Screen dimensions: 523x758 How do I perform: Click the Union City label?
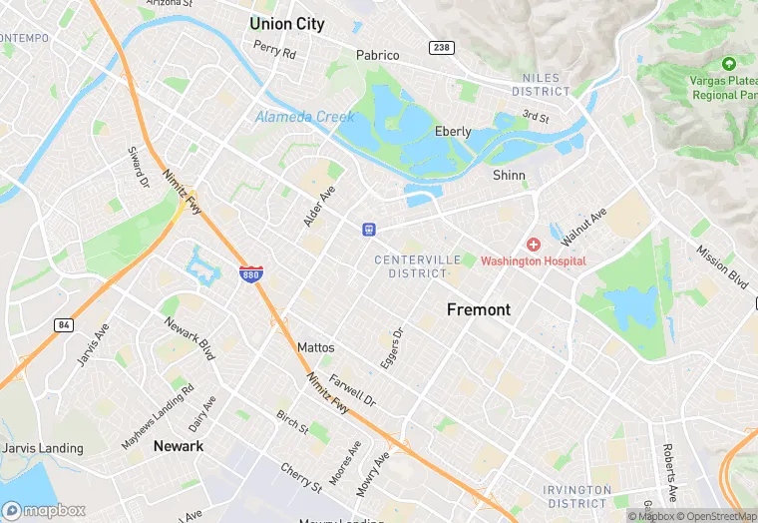(x=287, y=24)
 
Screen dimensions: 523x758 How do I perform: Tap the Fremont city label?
(x=479, y=309)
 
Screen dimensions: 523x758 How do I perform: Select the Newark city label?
(x=179, y=446)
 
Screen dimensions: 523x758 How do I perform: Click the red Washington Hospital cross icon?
(x=534, y=245)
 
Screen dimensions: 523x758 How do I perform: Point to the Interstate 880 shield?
(x=251, y=274)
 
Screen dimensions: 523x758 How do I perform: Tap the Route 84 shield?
(x=64, y=325)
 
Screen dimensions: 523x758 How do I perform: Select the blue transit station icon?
(x=369, y=230)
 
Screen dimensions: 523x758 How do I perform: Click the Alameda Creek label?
(x=304, y=117)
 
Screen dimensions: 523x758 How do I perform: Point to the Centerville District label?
(x=418, y=266)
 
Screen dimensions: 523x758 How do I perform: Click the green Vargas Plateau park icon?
(x=727, y=63)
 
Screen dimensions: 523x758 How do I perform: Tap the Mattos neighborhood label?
(x=316, y=347)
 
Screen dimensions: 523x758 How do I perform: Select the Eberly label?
(x=453, y=132)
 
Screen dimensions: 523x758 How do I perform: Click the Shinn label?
(x=509, y=175)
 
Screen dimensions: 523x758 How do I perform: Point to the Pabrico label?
(x=378, y=55)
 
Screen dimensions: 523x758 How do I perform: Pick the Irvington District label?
(x=577, y=496)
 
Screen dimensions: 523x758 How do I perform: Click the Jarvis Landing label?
(x=42, y=448)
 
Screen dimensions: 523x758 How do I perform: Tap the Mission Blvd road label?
(x=721, y=266)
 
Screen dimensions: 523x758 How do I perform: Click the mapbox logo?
(x=45, y=510)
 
